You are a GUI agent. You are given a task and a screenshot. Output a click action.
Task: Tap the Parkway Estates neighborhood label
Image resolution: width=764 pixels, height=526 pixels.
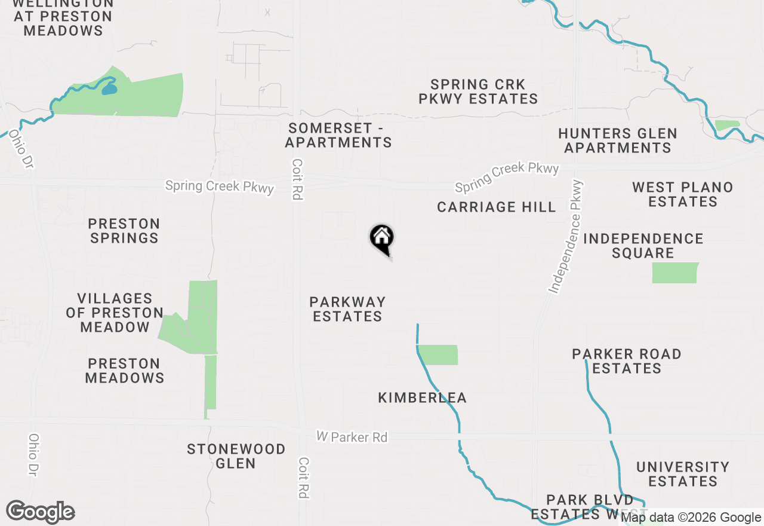coord(347,309)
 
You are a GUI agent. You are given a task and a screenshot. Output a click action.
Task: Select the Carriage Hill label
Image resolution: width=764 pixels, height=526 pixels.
coord(497,207)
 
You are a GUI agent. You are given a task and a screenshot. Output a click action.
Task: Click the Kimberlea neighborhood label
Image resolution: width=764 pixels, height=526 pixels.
coord(423,397)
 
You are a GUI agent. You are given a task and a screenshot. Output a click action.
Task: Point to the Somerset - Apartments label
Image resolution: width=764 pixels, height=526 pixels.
coord(338,135)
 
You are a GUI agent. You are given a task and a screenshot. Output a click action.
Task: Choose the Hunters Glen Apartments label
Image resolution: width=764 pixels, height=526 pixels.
coord(618,140)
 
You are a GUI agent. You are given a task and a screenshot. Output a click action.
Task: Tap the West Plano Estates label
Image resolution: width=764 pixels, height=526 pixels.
coord(683,194)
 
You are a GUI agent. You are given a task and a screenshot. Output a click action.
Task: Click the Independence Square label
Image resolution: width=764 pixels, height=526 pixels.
coord(643,246)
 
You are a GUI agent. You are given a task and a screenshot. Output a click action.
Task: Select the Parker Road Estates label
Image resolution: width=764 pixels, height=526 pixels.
coord(627,361)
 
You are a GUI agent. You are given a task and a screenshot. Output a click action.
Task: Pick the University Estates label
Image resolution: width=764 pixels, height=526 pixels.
coord(683,474)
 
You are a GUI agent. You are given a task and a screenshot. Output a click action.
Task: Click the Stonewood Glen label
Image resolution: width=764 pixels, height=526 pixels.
coord(236,456)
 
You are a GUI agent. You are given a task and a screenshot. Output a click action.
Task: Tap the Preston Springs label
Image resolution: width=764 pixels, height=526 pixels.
coord(124,231)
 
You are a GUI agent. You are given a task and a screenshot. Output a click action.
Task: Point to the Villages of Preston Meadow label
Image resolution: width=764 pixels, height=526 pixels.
coord(115,313)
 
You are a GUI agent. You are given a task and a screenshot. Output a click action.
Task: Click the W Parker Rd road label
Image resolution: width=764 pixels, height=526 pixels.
coord(352,438)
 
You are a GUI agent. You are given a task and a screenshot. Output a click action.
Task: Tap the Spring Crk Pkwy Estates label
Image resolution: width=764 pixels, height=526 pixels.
coord(478,91)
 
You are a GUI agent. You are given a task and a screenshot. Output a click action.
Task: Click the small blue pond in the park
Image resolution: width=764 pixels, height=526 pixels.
coord(109,90)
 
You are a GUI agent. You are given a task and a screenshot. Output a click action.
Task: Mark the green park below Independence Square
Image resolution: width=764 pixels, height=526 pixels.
coord(675,273)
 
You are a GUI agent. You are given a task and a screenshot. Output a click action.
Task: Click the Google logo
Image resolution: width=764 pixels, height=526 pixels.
coord(40,512)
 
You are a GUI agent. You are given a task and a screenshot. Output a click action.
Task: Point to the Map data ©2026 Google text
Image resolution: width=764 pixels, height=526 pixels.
coord(691,518)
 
